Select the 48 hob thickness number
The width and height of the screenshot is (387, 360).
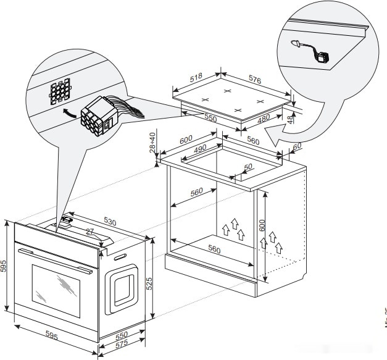(289, 120)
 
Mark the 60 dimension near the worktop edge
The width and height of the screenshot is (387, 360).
(296, 146)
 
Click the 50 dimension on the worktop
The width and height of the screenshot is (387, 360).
(248, 167)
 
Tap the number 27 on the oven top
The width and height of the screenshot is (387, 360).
(89, 232)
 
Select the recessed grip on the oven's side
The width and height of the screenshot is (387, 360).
(123, 288)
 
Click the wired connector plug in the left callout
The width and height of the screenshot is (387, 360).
(99, 117)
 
